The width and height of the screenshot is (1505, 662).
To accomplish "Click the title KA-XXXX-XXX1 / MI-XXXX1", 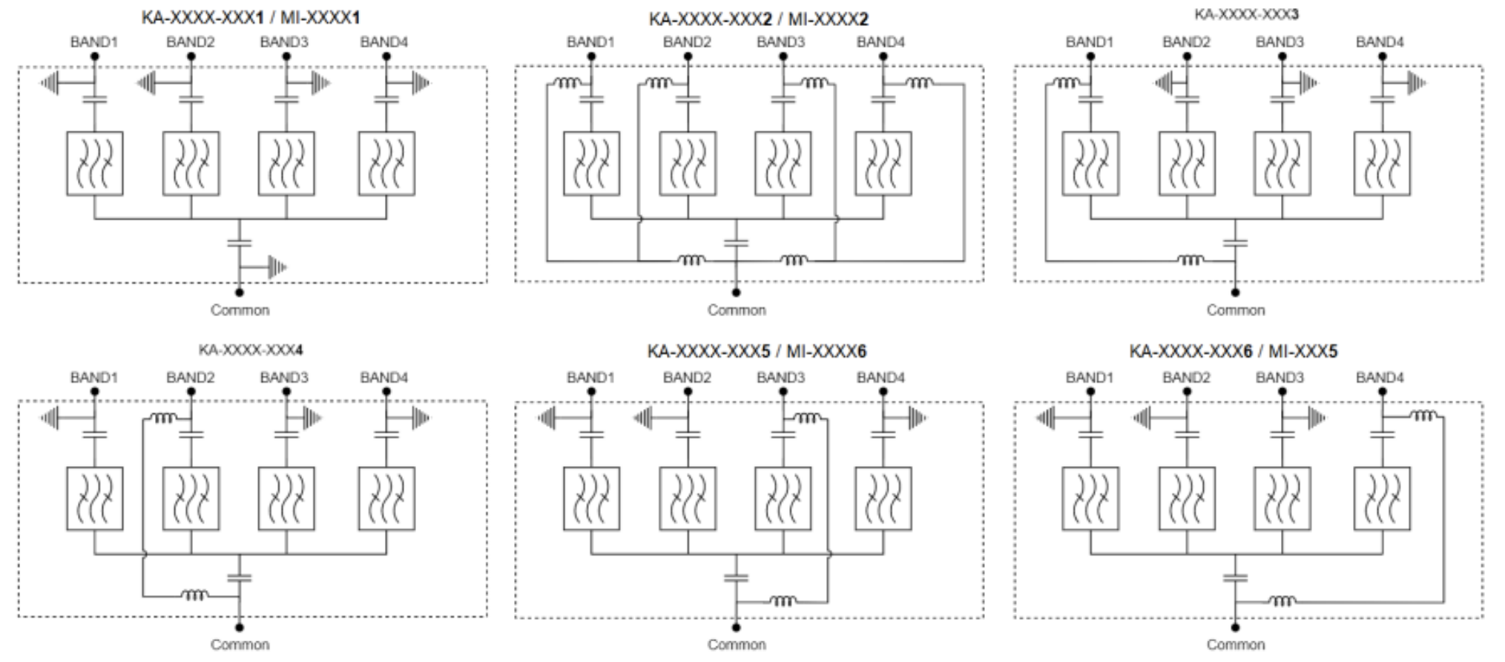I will tap(251, 17).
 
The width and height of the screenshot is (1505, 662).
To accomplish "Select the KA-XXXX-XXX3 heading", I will tap(1246, 14).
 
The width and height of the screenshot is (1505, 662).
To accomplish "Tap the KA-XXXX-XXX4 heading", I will tap(250, 350).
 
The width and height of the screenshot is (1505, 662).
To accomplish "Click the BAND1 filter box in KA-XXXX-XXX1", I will tap(95, 163).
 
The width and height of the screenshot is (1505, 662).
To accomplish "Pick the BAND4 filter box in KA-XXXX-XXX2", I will tap(883, 163).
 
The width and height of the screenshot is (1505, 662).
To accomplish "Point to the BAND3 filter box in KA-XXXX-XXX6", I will tap(1282, 498).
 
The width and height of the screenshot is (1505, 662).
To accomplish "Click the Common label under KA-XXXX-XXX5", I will tap(736, 644).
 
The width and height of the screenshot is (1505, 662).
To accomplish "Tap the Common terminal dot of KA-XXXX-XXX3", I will tap(1235, 292).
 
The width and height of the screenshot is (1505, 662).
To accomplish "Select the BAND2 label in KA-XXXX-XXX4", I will tap(190, 378).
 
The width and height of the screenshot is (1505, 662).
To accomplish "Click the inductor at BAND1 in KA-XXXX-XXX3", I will tap(1066, 83).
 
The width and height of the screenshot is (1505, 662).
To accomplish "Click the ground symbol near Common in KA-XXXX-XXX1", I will tap(276, 267).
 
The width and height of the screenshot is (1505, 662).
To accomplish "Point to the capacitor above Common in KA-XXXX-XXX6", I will tap(1235, 577).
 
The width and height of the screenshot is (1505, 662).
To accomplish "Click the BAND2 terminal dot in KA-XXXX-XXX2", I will tap(688, 56).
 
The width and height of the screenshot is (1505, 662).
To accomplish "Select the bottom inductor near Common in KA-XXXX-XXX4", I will tap(194, 594).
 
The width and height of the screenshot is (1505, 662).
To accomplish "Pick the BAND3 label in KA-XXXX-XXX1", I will tap(284, 42).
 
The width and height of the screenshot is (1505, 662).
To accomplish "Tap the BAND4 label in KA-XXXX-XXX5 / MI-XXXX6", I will tap(880, 378).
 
